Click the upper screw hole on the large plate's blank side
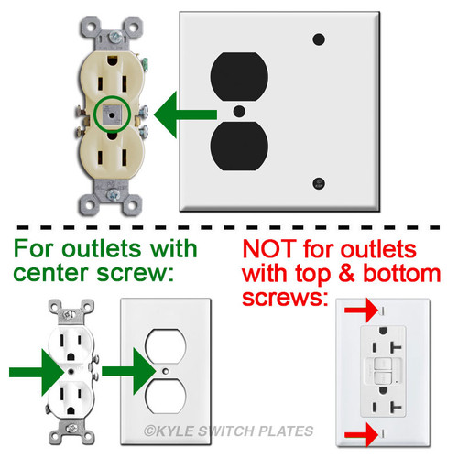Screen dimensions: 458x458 (x=319, y=39)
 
